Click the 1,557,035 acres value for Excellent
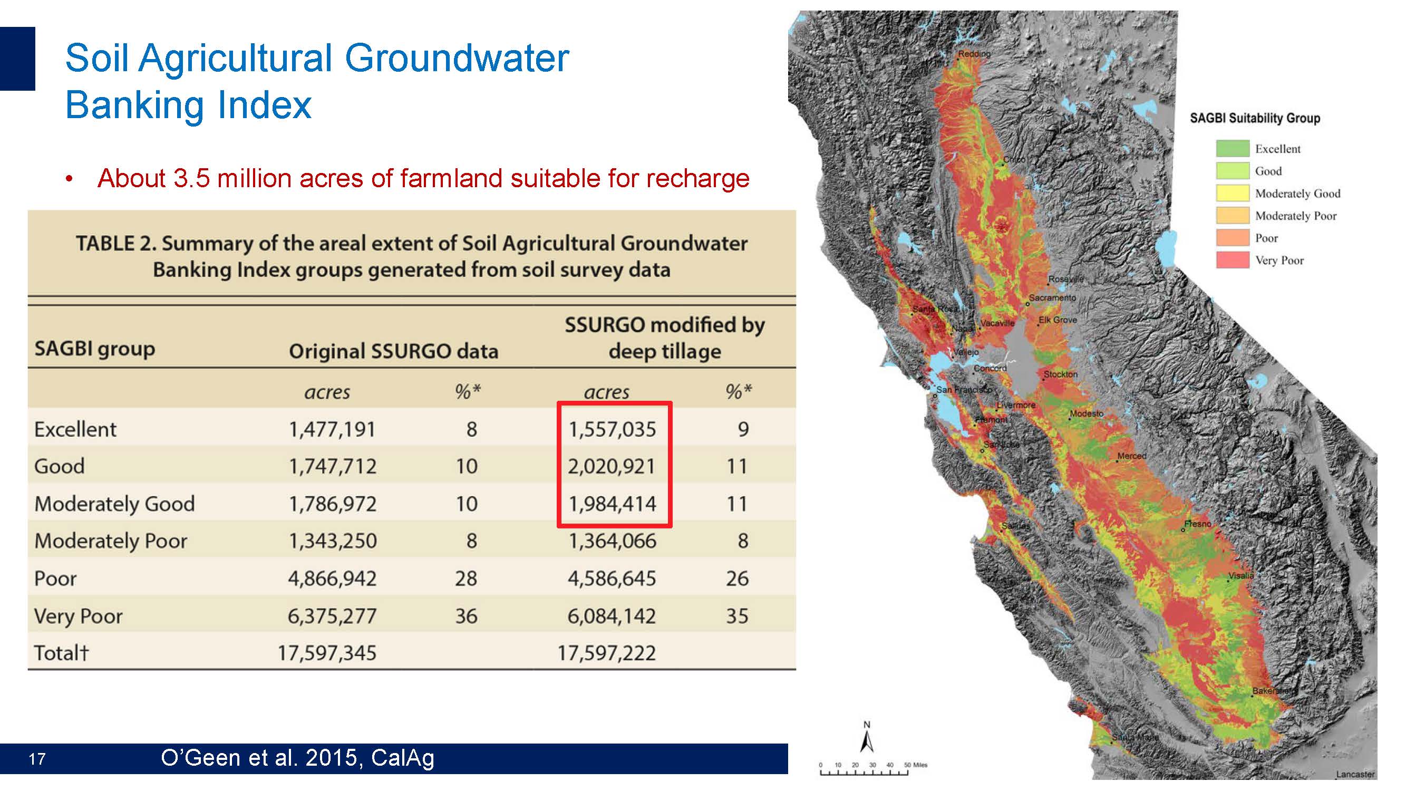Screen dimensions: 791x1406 [612, 430]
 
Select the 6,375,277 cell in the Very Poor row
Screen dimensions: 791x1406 [332, 616]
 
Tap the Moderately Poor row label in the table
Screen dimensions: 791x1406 [111, 541]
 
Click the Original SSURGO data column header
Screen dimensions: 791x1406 [393, 351]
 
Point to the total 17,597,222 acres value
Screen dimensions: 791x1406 [606, 653]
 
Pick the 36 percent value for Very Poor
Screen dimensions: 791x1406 [466, 616]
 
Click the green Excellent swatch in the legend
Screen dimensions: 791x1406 [1232, 149]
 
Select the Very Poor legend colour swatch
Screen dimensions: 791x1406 [1232, 260]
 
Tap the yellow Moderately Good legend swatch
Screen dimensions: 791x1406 [1232, 193]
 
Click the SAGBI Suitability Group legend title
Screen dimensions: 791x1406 [1254, 118]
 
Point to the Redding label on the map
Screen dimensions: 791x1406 [974, 53]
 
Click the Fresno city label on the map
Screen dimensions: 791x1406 [1198, 524]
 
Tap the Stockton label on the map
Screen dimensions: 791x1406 [1060, 374]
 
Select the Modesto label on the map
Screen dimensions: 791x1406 [1086, 413]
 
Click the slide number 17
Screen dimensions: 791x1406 [37, 759]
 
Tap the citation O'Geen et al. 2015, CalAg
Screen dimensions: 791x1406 [297, 758]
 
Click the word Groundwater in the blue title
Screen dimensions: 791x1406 [457, 58]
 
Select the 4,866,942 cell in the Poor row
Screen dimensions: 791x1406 [332, 578]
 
